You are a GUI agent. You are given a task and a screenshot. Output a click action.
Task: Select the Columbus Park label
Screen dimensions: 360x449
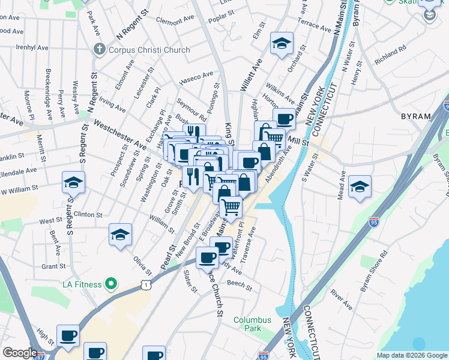[x=252, y=325]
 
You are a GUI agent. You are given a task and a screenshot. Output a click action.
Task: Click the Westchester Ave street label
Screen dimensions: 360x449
[x=120, y=136]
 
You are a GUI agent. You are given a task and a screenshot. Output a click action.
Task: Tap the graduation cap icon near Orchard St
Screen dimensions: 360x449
[x=282, y=44]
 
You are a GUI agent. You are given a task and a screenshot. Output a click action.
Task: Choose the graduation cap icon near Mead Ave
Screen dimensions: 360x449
[x=360, y=187]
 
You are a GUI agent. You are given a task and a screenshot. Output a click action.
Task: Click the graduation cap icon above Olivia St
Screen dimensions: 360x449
[x=120, y=235]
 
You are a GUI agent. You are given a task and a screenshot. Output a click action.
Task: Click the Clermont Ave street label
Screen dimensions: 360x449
[x=175, y=19]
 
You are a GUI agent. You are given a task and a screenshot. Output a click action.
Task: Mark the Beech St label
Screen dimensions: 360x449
[x=240, y=284]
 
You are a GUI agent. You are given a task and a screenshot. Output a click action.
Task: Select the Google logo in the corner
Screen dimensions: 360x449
[x=20, y=353]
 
